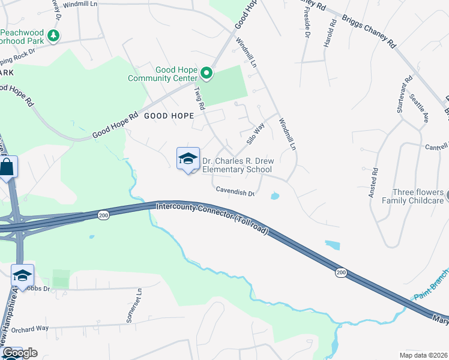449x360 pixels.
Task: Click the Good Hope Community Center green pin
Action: click(x=206, y=74)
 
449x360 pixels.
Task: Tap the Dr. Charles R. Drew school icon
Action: click(x=188, y=159)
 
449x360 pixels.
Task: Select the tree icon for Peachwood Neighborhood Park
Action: click(x=54, y=36)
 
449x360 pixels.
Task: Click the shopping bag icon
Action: click(x=7, y=167)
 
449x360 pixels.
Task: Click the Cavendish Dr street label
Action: click(x=236, y=191)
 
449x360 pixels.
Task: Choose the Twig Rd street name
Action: click(x=199, y=98)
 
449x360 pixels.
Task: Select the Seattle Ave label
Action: click(x=419, y=108)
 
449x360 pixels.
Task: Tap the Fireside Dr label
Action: click(x=306, y=28)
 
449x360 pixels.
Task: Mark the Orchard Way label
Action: click(x=30, y=328)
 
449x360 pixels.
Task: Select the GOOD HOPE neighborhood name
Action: click(x=168, y=116)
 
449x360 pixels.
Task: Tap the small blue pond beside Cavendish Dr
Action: click(x=274, y=196)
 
